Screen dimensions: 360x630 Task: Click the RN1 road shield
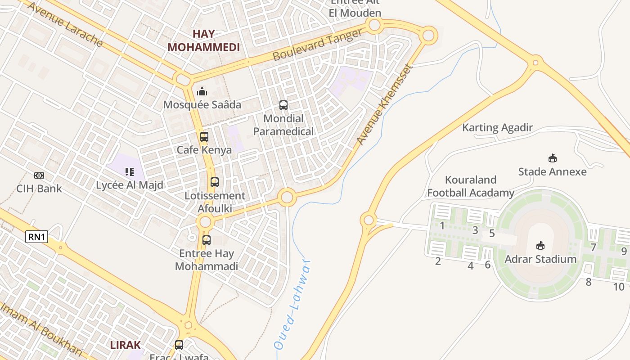[x=36, y=237]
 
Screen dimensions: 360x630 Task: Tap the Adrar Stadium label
[x=540, y=259]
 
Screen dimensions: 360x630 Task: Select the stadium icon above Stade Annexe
[x=552, y=158]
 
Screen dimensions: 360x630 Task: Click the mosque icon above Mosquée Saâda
[x=202, y=92]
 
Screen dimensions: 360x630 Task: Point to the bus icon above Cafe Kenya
[x=204, y=137]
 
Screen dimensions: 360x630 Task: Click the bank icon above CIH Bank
[x=39, y=175]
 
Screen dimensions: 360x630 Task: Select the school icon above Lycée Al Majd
[x=130, y=171]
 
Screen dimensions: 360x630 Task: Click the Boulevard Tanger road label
[x=318, y=45]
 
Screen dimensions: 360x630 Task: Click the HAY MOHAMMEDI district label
[x=203, y=40]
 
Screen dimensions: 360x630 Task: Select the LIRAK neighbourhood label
[x=126, y=345]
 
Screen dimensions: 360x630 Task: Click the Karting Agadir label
[x=497, y=128]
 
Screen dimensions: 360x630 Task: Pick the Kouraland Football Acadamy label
[x=471, y=186]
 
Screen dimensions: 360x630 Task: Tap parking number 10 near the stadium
[x=619, y=287]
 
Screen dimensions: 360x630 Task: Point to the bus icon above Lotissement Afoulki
[x=215, y=182]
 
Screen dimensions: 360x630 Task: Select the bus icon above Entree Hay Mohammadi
[x=207, y=240]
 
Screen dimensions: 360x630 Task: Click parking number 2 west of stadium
[x=438, y=261]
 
